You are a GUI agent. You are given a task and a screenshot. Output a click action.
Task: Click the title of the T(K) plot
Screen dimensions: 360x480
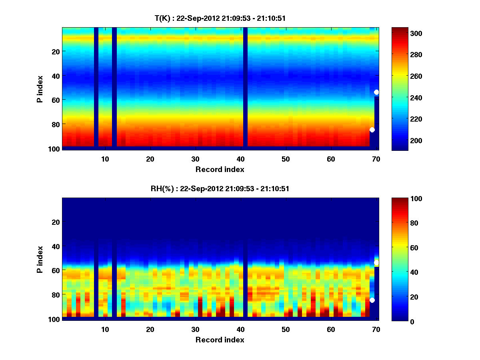pyautogui.click(x=220, y=18)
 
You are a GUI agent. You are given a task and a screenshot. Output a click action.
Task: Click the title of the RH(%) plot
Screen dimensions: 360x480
pyautogui.click(x=220, y=188)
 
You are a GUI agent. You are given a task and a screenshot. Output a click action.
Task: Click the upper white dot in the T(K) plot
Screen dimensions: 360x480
pyautogui.click(x=376, y=92)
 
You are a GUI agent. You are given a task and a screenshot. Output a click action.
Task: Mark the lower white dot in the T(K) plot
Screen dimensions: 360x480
pyautogui.click(x=372, y=130)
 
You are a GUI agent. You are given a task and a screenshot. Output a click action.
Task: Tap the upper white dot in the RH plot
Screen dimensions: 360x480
pyautogui.click(x=376, y=262)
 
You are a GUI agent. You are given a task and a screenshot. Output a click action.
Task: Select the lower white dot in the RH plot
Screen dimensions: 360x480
pyautogui.click(x=372, y=300)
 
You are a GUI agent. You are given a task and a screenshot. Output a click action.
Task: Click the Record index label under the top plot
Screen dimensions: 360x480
pyautogui.click(x=220, y=169)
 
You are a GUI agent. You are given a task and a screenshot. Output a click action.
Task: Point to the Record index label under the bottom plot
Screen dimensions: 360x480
pyautogui.click(x=220, y=340)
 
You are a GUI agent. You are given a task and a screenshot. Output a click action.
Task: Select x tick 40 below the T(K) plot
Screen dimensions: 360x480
pyautogui.click(x=240, y=159)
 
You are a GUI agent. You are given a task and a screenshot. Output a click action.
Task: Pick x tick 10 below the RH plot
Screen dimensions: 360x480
pyautogui.click(x=105, y=329)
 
